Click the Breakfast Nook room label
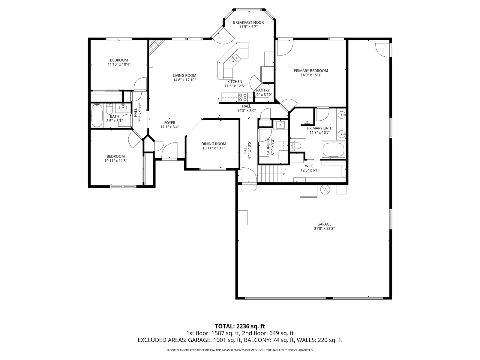click(248, 22)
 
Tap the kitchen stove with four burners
click(242, 97)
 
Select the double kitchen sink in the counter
click(235, 59)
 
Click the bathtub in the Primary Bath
click(333, 150)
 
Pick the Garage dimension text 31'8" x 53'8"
click(324, 229)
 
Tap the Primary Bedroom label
click(311, 71)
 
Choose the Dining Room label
click(214, 144)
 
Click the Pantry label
click(263, 90)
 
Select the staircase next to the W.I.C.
click(271, 174)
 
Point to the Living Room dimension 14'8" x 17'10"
click(184, 80)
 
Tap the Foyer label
click(170, 123)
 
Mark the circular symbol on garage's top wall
click(325, 190)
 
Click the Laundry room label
click(268, 147)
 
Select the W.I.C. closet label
click(310, 166)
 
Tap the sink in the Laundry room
click(280, 124)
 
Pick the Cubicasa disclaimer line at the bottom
click(240, 350)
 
